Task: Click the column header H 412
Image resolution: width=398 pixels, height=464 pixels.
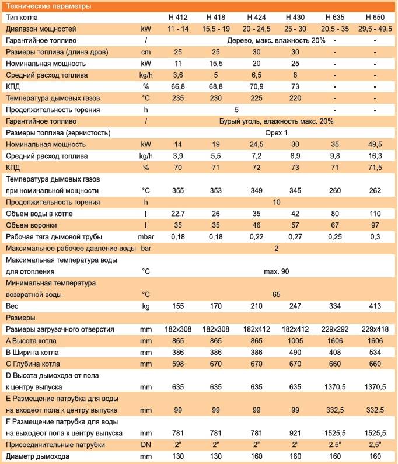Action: (x=178, y=17)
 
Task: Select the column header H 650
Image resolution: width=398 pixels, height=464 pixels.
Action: (x=375, y=17)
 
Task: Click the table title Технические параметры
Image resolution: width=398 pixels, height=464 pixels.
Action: (x=48, y=6)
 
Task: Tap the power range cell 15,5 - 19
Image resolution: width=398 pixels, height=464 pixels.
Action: (x=216, y=29)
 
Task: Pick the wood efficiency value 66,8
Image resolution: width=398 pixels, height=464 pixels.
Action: (x=178, y=86)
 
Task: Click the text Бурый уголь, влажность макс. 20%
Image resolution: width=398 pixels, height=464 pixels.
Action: (x=276, y=121)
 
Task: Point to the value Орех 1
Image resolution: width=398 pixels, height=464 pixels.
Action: (x=276, y=133)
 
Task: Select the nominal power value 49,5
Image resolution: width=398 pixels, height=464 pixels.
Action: (x=375, y=144)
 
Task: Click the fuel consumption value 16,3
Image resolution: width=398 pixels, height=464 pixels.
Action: (x=375, y=156)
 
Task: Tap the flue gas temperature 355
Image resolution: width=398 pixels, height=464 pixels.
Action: (x=178, y=191)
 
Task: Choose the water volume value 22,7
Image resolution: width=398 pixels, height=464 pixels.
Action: (x=178, y=214)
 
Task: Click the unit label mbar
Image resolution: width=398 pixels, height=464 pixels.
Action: (x=146, y=237)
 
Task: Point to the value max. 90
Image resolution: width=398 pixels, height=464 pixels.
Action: (x=276, y=271)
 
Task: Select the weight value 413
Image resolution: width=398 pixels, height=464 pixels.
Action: (x=375, y=306)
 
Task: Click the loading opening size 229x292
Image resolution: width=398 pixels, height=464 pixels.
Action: (x=334, y=329)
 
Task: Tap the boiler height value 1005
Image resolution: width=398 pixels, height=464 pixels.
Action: (x=295, y=341)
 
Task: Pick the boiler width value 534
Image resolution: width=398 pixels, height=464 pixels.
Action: (x=375, y=352)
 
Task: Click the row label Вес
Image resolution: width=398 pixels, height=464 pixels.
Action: (x=12, y=306)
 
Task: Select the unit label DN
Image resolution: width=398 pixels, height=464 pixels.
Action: (x=146, y=445)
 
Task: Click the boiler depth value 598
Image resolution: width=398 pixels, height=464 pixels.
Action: (x=178, y=364)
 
